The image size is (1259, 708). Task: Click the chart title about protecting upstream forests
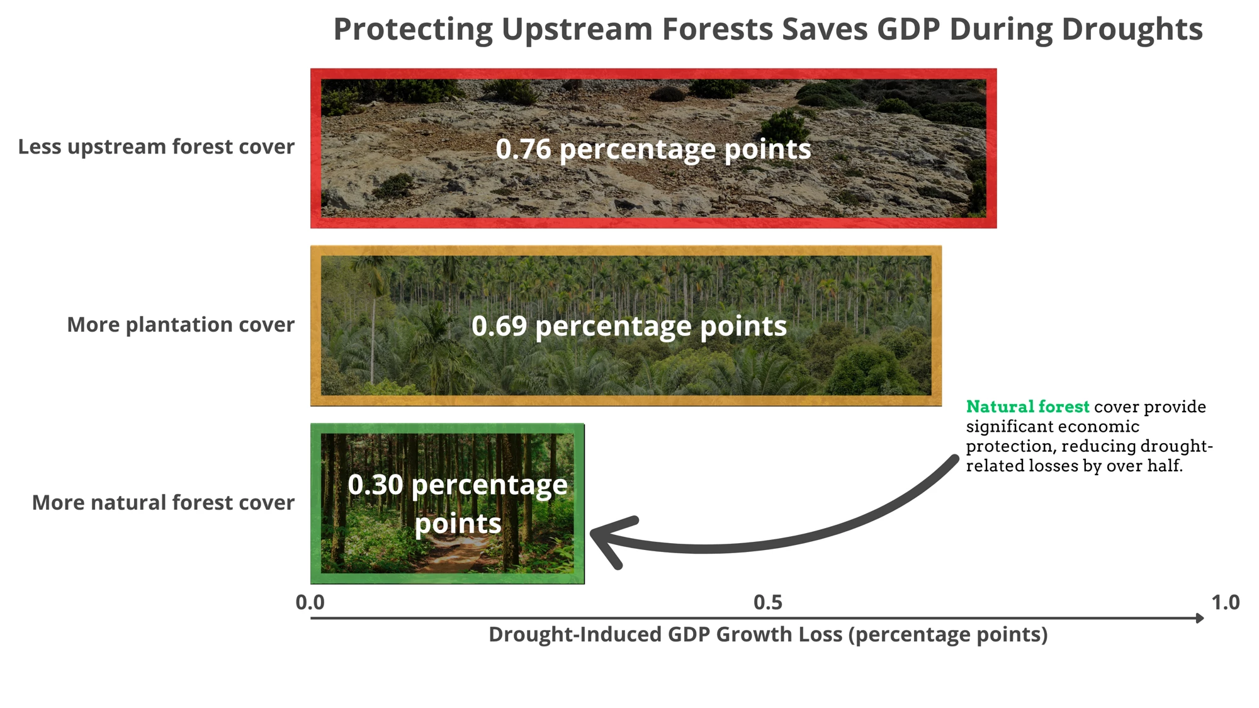(x=768, y=29)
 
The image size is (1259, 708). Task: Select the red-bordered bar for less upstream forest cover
(x=653, y=149)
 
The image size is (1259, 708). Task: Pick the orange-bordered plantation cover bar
(x=626, y=326)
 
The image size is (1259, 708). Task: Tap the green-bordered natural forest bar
(x=448, y=503)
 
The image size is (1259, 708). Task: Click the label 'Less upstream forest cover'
(x=156, y=147)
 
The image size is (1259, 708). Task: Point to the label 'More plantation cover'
(x=181, y=325)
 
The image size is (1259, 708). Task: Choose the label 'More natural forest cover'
(x=163, y=502)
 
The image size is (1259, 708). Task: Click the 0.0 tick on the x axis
(x=310, y=602)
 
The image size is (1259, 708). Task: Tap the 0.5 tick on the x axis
(x=768, y=602)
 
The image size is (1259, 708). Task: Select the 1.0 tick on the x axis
(x=1226, y=602)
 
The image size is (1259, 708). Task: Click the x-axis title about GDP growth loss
(x=768, y=634)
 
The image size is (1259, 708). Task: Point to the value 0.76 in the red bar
(x=523, y=149)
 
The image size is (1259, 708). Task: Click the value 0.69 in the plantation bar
(x=499, y=326)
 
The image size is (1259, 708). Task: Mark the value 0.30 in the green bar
(x=375, y=485)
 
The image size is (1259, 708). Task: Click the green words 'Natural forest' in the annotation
(x=1027, y=407)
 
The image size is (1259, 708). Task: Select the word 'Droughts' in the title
(x=1132, y=30)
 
